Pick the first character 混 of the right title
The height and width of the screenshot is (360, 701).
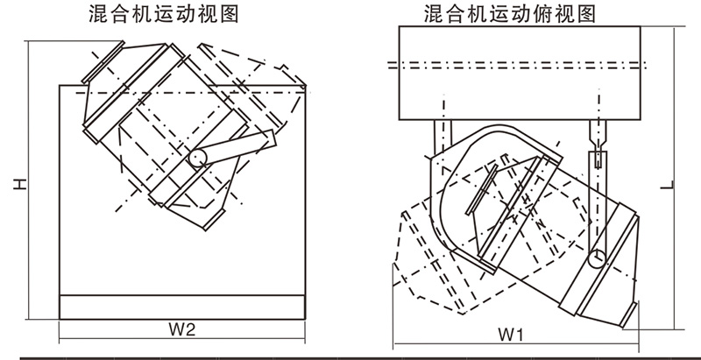[x=432, y=14]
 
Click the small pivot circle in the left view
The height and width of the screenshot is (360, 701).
[x=198, y=157]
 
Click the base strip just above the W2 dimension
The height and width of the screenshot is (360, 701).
[x=181, y=307]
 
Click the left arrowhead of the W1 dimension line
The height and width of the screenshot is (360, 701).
[x=396, y=344]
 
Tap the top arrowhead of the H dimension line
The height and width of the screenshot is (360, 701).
[x=28, y=44]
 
